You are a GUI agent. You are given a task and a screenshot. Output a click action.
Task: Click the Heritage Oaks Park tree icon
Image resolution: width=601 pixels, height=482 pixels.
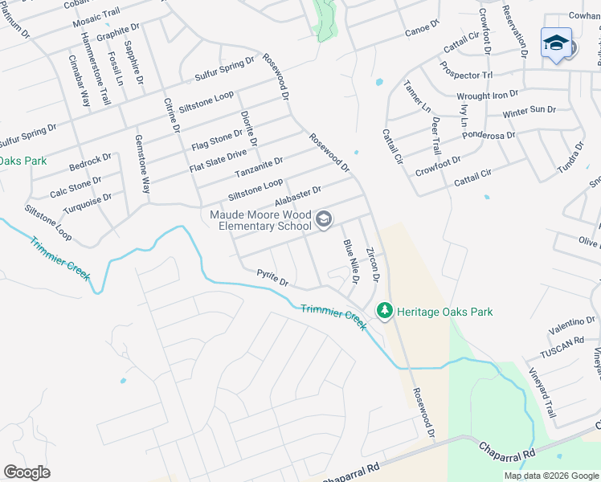click(385, 311)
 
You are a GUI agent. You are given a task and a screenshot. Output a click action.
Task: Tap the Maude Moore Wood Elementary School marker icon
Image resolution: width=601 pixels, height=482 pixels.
click(324, 219)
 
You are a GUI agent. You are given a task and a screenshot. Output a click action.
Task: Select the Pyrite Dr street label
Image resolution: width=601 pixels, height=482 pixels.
click(272, 278)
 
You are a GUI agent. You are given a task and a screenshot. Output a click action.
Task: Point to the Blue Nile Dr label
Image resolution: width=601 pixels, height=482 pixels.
click(350, 261)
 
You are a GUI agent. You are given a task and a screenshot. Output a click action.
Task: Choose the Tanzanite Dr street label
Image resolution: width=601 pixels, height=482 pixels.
click(259, 168)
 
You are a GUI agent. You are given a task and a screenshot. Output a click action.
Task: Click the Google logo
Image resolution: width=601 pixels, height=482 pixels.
click(27, 472)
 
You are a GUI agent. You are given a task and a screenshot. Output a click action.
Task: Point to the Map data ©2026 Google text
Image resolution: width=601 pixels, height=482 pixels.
click(550, 476)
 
